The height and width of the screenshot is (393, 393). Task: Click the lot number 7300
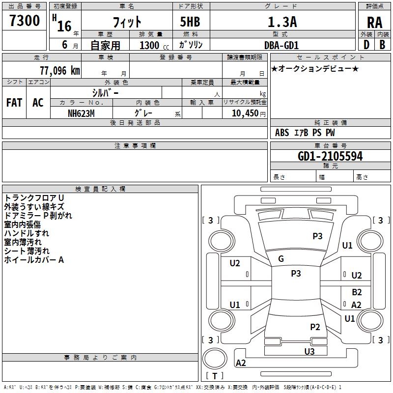[25, 21]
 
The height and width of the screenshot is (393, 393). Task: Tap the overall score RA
[374, 23]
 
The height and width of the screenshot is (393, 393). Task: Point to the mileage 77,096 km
[59, 71]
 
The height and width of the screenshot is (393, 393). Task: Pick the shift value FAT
[14, 103]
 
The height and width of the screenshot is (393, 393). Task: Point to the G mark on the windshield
[281, 259]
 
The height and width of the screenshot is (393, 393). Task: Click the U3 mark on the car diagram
[309, 351]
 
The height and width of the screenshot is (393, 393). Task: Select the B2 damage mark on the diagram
[357, 292]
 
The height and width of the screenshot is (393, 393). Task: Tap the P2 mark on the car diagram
[315, 327]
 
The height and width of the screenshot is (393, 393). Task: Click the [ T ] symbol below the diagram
[215, 376]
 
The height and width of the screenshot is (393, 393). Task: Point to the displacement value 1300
[149, 45]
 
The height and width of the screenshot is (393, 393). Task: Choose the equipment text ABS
[282, 133]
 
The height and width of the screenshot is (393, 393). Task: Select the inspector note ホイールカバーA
[34, 260]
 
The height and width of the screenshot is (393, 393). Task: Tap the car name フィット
[127, 22]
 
